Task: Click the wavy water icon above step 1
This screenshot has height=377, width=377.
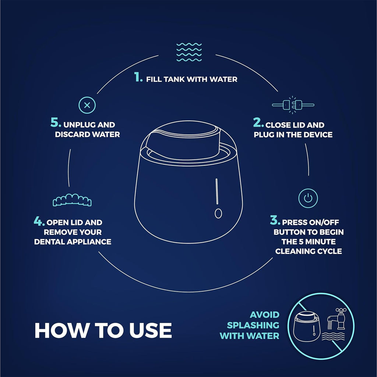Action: (189, 52)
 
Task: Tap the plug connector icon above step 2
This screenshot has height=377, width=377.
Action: (293, 105)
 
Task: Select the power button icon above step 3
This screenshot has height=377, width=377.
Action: (308, 198)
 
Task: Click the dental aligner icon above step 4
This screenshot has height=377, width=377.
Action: (72, 200)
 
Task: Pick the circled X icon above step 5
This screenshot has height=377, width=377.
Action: (87, 105)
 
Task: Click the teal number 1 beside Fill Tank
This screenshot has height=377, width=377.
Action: (138, 77)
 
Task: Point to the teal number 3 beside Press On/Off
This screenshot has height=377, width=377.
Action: (275, 220)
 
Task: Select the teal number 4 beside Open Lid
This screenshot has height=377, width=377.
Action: (39, 221)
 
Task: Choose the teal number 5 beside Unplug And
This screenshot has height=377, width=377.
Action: (56, 122)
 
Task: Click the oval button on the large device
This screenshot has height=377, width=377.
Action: (218, 213)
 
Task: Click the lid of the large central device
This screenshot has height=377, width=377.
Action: (183, 140)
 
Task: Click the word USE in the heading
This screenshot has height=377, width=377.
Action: (151, 330)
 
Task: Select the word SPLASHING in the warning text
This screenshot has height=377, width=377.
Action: (253, 325)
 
